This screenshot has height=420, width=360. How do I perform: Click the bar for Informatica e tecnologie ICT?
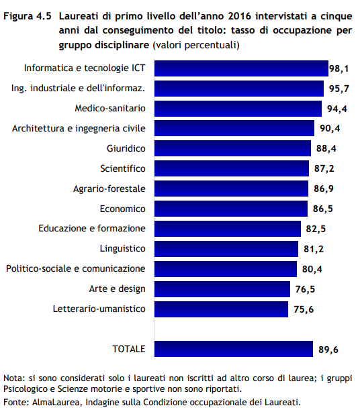[240, 68]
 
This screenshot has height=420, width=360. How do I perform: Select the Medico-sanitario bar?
[238, 108]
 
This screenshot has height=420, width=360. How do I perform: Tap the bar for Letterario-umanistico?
[221, 309]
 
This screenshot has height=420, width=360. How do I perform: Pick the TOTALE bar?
[234, 349]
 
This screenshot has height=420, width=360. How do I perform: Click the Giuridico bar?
[232, 148]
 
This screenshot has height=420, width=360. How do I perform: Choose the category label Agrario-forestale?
[109, 188]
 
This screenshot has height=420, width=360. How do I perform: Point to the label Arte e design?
[117, 288]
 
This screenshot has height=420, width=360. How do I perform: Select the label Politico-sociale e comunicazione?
[76, 268]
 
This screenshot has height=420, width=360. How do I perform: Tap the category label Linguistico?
[122, 248]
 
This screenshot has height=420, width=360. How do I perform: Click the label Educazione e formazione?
[92, 228]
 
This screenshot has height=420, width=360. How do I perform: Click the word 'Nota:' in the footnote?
[15, 378]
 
